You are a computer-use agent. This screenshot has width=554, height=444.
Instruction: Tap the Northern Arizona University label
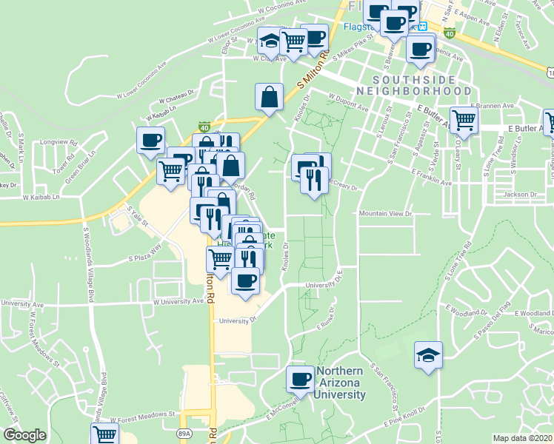tap(341, 383)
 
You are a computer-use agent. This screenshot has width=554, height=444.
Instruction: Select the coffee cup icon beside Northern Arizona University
tap(301, 379)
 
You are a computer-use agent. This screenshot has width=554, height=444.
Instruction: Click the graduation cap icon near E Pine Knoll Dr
tap(428, 356)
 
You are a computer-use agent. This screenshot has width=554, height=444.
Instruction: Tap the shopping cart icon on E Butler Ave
tap(463, 118)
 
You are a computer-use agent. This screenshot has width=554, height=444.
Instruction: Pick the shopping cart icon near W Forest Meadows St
tap(105, 434)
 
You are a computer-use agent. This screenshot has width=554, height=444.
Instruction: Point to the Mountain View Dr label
tap(385, 213)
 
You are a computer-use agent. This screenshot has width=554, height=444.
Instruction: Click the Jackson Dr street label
tap(519, 195)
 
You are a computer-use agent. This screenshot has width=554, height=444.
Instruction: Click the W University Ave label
tap(178, 301)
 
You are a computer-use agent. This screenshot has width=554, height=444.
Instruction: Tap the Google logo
tap(25, 434)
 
